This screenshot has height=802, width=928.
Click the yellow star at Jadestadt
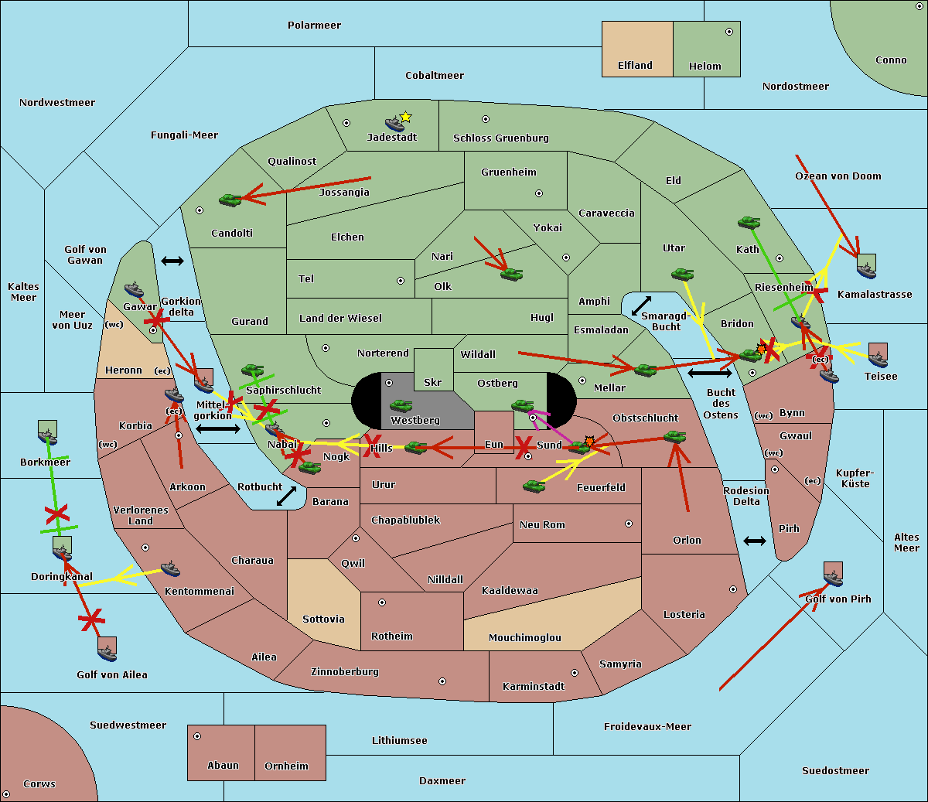click(406, 117)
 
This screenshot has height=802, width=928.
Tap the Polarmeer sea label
click(314, 26)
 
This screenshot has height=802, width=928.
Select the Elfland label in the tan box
click(635, 66)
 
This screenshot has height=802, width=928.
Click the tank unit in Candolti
click(230, 200)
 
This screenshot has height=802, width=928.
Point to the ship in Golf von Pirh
click(833, 576)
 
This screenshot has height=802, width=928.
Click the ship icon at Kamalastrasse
click(866, 269)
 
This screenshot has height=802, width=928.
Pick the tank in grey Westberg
click(401, 406)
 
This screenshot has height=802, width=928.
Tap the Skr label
click(433, 382)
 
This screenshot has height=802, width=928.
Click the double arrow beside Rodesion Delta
click(755, 541)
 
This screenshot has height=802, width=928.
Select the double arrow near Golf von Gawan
click(172, 261)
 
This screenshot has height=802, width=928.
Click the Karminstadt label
click(534, 687)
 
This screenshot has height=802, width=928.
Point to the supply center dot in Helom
click(729, 32)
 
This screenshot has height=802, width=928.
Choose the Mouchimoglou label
click(525, 638)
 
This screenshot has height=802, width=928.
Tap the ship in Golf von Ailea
click(107, 652)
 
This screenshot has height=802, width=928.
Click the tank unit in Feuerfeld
click(534, 486)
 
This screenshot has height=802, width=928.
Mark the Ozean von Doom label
click(838, 176)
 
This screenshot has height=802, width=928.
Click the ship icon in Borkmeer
click(48, 435)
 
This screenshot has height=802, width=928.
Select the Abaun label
click(223, 766)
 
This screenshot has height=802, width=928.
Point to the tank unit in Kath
click(749, 223)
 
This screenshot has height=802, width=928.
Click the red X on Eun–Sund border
click(524, 446)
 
